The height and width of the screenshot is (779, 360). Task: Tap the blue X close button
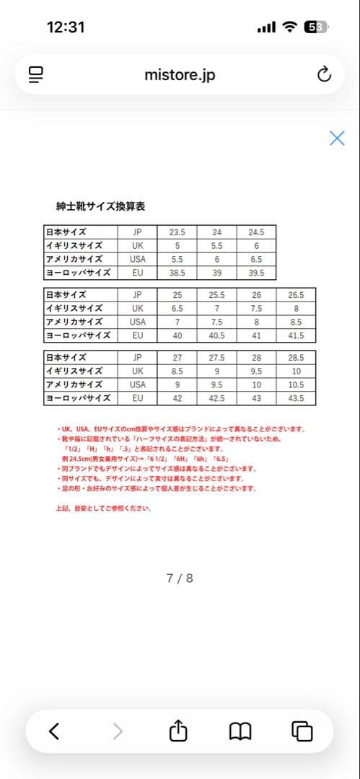point(337,138)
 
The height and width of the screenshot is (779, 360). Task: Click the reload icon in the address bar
point(324,74)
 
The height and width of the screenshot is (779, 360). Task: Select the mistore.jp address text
point(180,75)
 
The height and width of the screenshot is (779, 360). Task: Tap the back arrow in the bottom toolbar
point(54,731)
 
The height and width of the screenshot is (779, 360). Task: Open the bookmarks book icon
point(240,731)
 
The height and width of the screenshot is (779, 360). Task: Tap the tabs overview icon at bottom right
point(302,731)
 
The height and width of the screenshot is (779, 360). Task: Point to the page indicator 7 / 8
point(180,578)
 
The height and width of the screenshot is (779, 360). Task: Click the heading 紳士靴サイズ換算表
point(100,206)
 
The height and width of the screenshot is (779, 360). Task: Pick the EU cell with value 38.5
point(177,273)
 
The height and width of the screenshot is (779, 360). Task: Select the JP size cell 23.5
point(177,232)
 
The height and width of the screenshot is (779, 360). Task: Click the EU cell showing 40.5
point(216,335)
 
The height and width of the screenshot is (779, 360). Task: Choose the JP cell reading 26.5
point(296,295)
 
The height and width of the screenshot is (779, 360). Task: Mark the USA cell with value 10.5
point(296,384)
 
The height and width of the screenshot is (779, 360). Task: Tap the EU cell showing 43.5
point(296,398)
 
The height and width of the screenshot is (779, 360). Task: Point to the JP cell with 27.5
point(216,358)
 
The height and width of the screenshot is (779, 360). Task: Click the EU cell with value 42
point(177,398)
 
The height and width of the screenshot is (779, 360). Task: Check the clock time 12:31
point(66,27)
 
